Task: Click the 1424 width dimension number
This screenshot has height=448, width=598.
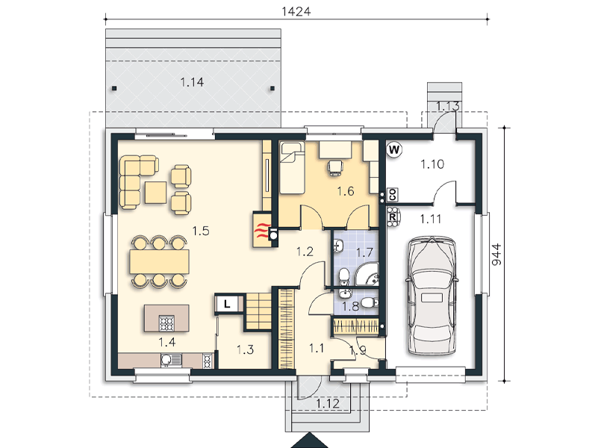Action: pyautogui.click(x=296, y=11)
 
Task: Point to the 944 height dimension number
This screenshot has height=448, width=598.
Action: pyautogui.click(x=496, y=255)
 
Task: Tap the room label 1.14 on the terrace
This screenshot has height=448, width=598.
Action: pyautogui.click(x=192, y=82)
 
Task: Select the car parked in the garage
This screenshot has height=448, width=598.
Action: pyautogui.click(x=432, y=296)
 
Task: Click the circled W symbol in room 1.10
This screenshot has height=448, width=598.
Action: pyautogui.click(x=394, y=149)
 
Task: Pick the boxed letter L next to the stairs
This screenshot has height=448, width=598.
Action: pyautogui.click(x=227, y=304)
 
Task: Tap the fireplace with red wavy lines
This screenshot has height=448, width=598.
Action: pyautogui.click(x=262, y=229)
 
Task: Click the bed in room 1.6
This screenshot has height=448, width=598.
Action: pyautogui.click(x=292, y=167)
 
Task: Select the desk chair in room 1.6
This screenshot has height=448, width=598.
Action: pyautogui.click(x=335, y=167)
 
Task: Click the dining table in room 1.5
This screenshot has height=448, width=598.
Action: pyautogui.click(x=160, y=261)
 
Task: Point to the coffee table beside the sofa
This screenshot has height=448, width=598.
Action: pyautogui.click(x=155, y=193)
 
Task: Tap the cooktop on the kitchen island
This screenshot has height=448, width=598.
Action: pyautogui.click(x=166, y=323)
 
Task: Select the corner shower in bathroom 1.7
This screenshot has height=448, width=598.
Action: pyautogui.click(x=367, y=276)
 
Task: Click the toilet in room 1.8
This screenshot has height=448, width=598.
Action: pyautogui.click(x=369, y=303)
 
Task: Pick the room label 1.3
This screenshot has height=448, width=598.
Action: pyautogui.click(x=245, y=349)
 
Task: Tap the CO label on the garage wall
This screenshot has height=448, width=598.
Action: pyautogui.click(x=393, y=195)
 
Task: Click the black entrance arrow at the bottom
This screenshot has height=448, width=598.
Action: pyautogui.click(x=310, y=441)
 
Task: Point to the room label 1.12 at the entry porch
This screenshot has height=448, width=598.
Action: pyautogui.click(x=328, y=403)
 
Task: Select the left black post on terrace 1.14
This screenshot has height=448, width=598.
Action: pyautogui.click(x=114, y=88)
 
